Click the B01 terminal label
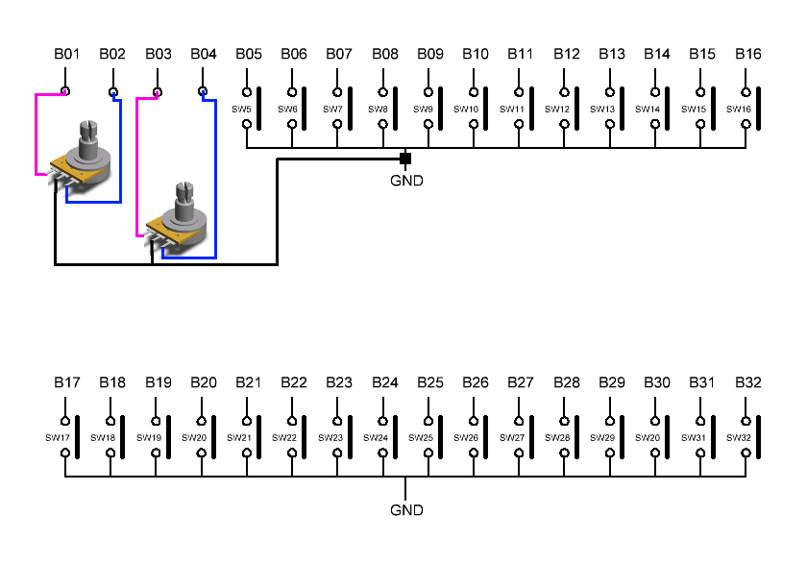[66, 54]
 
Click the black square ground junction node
[405, 159]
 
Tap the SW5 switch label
[241, 110]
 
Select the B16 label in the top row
[748, 54]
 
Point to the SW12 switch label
[557, 110]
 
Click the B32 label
[748, 382]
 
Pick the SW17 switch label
[58, 438]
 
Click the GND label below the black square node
[406, 180]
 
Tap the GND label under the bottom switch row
[406, 510]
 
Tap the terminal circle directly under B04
[202, 92]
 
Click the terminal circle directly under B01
[65, 92]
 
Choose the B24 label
[385, 382]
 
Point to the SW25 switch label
[421, 438]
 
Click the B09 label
[430, 54]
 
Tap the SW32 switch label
[739, 438]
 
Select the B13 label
[612, 54]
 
